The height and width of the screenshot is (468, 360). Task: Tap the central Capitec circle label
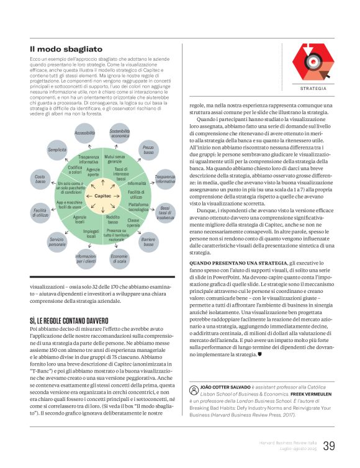[102, 196]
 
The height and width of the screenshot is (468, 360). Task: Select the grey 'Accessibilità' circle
[84, 133]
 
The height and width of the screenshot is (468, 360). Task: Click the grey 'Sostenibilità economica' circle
[120, 133]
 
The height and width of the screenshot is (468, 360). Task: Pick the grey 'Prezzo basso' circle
[148, 150]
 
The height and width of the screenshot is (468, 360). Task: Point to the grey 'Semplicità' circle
[57, 150]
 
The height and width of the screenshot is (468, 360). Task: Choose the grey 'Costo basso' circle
[40, 180]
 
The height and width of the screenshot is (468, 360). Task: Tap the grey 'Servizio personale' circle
[57, 242]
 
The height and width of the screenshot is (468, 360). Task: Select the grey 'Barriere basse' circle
[148, 242]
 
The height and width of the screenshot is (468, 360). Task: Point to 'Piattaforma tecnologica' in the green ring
[138, 207]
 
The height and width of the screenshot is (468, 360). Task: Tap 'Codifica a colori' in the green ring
[74, 169]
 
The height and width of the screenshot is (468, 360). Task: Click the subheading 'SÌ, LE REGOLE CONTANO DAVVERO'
[72, 320]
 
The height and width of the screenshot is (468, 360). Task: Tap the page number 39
[330, 446]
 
